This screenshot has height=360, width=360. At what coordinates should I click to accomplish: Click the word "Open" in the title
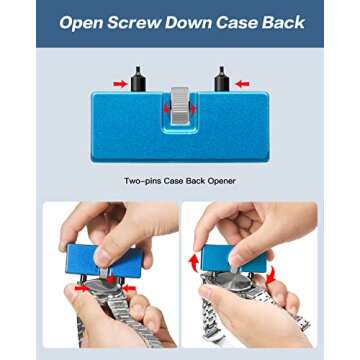81,23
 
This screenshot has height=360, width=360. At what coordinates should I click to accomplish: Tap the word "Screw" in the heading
134,22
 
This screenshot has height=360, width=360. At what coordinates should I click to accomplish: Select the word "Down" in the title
188,22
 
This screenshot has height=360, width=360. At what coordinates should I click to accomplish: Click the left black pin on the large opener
138,79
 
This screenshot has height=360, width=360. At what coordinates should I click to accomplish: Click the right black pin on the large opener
221,79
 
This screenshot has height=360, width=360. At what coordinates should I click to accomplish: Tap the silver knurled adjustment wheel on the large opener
180,106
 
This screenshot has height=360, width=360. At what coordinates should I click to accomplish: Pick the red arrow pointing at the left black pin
120,84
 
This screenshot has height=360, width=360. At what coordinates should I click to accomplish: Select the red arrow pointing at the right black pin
242,84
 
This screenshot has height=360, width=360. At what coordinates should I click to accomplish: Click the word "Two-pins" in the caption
142,181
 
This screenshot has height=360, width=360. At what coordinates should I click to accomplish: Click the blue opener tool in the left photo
104,261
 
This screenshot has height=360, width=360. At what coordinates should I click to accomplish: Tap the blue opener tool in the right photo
233,259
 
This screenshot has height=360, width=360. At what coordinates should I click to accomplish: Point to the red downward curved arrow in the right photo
272,274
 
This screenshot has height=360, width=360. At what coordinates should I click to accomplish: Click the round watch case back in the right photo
232,282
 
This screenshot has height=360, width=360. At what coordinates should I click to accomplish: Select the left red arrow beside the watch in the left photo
82,288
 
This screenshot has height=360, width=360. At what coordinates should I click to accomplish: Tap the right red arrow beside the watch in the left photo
129,288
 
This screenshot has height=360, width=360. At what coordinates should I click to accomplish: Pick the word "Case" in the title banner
236,22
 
